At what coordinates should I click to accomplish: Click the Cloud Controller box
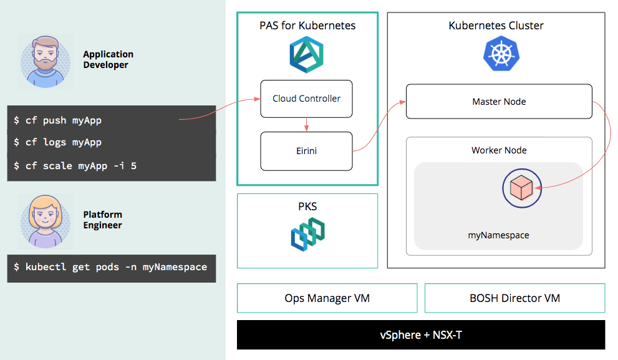[306, 99]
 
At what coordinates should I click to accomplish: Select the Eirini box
[306, 151]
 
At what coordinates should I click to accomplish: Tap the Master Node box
[499, 101]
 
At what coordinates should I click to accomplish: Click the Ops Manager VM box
[327, 298]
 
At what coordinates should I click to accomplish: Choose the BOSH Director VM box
[514, 298]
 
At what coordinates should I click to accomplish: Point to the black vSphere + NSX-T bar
[421, 334]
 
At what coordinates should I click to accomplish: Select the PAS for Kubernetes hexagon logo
[306, 54]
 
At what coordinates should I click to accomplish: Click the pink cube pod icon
[520, 187]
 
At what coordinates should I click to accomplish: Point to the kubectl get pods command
[110, 267]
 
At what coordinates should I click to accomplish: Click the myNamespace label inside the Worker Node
[498, 235]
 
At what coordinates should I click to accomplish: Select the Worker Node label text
[499, 150]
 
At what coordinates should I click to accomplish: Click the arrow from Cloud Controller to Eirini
[306, 124]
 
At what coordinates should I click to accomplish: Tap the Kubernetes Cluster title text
[496, 26]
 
